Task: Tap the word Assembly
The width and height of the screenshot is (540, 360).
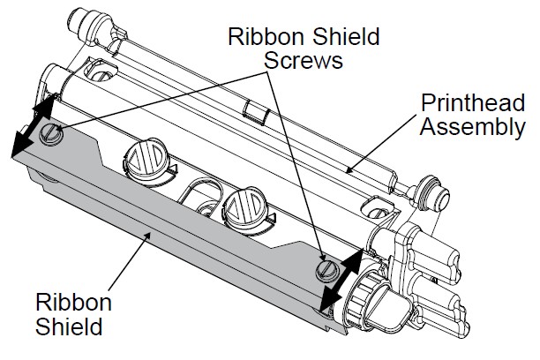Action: click(x=471, y=126)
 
